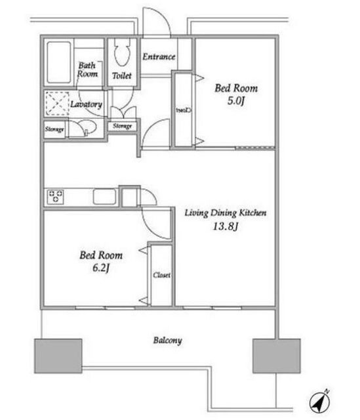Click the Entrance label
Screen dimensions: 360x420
click(x=159, y=56)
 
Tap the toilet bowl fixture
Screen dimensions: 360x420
click(x=122, y=52)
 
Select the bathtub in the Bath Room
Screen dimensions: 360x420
click(x=59, y=62)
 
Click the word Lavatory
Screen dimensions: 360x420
click(x=86, y=104)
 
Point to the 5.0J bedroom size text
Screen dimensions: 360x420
click(x=236, y=101)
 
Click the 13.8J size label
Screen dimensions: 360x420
click(x=226, y=226)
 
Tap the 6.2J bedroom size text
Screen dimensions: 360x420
click(x=101, y=268)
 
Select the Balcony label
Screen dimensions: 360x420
click(x=168, y=341)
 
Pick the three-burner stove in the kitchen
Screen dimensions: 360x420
click(x=55, y=197)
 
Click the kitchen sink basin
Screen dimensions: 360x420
click(x=104, y=197)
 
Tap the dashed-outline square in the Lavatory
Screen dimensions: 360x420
click(x=57, y=104)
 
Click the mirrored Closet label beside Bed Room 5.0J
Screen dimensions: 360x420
click(x=184, y=110)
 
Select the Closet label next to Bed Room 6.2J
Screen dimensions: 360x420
click(x=162, y=275)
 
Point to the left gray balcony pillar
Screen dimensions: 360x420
click(x=58, y=356)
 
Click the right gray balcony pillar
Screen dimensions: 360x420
click(x=277, y=356)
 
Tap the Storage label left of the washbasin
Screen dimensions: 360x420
click(x=54, y=129)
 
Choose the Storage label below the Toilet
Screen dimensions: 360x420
click(x=123, y=126)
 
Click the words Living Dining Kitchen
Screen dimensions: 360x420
click(x=226, y=213)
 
